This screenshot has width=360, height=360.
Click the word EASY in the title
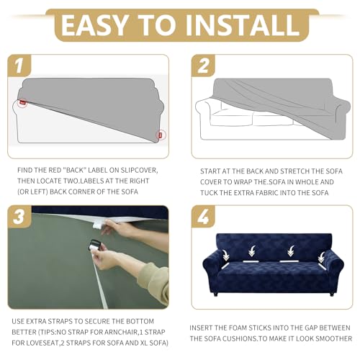pyautogui.click(x=94, y=24)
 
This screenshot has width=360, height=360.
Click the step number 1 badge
pyautogui.click(x=19, y=66)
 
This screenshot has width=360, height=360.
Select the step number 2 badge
pyautogui.click(x=203, y=66)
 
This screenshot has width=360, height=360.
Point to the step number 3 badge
pyautogui.click(x=19, y=217)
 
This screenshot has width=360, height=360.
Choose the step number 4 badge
pyautogui.click(x=203, y=217)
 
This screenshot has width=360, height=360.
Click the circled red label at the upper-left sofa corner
pyautogui.click(x=23, y=102)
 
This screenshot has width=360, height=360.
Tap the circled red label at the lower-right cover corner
pyautogui.click(x=161, y=135)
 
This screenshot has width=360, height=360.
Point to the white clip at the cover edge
pyautogui.click(x=98, y=225)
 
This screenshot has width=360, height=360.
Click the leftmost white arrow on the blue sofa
pyautogui.click(x=226, y=256)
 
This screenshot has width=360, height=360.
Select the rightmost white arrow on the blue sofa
pyautogui.click(x=321, y=257)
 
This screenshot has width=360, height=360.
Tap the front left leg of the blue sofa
pyautogui.click(x=215, y=294)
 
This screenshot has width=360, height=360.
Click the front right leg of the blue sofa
pyautogui.click(x=332, y=294)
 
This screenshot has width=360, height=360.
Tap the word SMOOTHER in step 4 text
pyautogui.click(x=333, y=338)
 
